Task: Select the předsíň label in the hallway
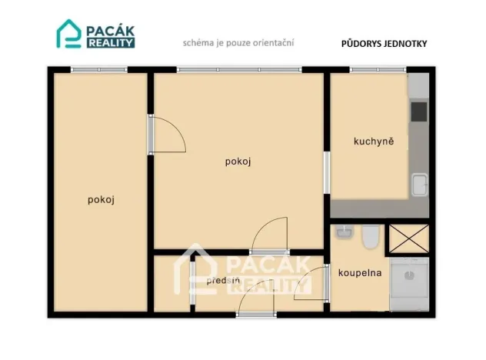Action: [x=222, y=280]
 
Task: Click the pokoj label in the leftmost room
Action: [x=102, y=199]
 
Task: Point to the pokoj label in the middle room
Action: [x=238, y=162]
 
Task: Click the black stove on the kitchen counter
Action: [x=418, y=112]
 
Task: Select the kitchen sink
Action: [x=419, y=185]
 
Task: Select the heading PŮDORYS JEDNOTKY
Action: [x=384, y=44]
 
